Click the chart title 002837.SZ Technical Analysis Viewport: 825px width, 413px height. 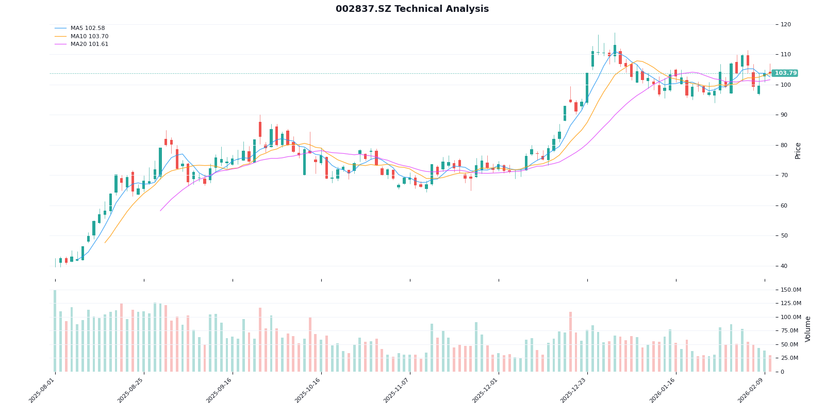(x=412, y=9)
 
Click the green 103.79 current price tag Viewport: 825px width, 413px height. (x=785, y=73)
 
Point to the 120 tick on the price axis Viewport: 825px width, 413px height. (x=786, y=25)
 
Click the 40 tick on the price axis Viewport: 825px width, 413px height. (x=784, y=266)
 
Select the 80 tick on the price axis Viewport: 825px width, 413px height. (x=784, y=145)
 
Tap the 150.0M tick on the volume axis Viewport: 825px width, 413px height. (x=790, y=290)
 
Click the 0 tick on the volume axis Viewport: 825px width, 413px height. (x=783, y=372)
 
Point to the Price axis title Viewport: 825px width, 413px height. (x=798, y=150)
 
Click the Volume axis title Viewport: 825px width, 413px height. (x=808, y=329)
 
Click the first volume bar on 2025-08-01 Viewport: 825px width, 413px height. (x=55, y=331)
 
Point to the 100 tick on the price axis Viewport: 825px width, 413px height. (x=786, y=85)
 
